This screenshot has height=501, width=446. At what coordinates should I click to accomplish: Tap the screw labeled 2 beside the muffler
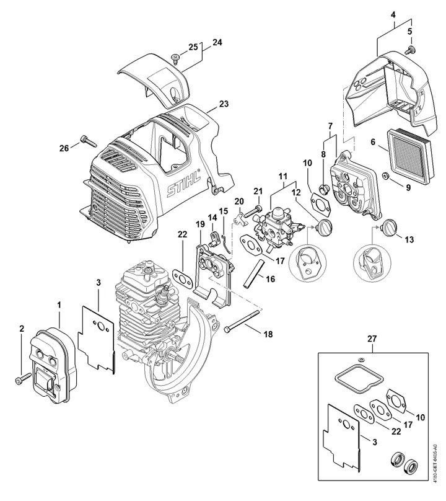pyautogui.click(x=23, y=378)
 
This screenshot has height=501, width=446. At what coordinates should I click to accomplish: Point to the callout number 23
pyautogui.click(x=224, y=104)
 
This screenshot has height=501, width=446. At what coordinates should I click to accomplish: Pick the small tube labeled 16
pyautogui.click(x=253, y=273)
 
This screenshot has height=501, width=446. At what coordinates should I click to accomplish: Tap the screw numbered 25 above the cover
pyautogui.click(x=175, y=58)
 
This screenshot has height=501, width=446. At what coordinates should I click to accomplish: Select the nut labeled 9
pyautogui.click(x=386, y=175)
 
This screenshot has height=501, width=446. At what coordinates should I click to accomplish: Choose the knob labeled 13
pyautogui.click(x=388, y=227)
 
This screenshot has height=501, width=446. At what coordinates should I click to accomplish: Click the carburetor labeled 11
pyautogui.click(x=277, y=226)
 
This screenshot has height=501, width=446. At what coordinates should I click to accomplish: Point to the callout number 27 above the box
pyautogui.click(x=372, y=339)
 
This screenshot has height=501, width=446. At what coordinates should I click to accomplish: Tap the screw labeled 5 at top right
pyautogui.click(x=409, y=50)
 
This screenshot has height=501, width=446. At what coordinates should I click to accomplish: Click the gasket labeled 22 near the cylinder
pyautogui.click(x=181, y=276)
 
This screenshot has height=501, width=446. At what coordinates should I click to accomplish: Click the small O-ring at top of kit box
pyautogui.click(x=360, y=360)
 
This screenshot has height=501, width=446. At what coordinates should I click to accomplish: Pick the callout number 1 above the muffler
pyautogui.click(x=59, y=305)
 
